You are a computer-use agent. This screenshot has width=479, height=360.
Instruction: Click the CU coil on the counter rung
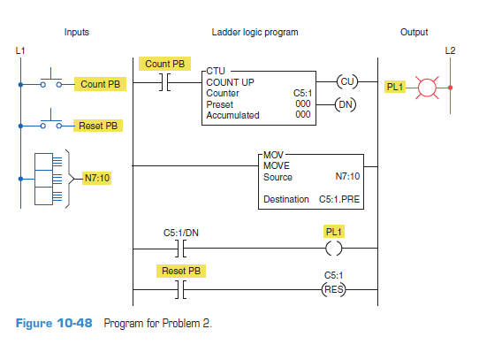(x=347, y=82)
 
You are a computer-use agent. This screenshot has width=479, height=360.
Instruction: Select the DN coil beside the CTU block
(x=347, y=103)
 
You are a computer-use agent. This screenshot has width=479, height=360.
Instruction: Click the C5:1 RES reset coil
(x=334, y=289)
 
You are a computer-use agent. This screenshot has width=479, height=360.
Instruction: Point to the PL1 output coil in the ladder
(x=334, y=249)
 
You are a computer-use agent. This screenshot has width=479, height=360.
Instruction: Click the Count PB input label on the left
(x=101, y=85)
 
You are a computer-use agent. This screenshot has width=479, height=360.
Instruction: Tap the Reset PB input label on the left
(x=99, y=126)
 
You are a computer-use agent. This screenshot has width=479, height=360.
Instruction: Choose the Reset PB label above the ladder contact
(x=180, y=270)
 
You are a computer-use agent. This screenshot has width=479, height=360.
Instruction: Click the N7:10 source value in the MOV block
(x=348, y=177)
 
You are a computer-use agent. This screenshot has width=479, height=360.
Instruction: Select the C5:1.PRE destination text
(x=339, y=199)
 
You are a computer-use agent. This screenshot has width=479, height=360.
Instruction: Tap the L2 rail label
(x=451, y=50)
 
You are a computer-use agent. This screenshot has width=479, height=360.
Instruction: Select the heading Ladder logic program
(x=255, y=33)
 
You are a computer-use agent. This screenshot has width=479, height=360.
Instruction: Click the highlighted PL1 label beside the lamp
(x=394, y=88)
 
